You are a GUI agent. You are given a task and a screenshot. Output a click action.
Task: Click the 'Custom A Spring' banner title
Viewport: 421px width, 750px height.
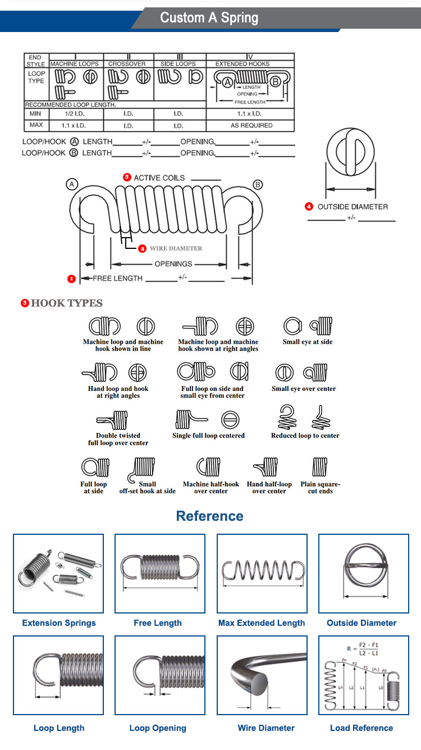coord(209,17)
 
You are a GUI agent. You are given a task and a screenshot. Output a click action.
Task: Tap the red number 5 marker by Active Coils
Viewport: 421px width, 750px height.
coord(127,177)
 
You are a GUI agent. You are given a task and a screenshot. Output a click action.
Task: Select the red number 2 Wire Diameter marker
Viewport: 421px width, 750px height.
coord(142,248)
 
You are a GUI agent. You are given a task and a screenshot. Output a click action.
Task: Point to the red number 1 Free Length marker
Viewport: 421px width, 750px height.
coord(71,279)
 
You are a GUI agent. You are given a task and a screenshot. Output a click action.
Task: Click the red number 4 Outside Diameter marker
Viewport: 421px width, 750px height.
coord(309,207)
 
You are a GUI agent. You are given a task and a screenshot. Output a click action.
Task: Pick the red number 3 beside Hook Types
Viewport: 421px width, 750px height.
coord(25,303)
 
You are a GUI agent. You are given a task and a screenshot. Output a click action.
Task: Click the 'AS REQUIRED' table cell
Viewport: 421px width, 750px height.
coord(251,125)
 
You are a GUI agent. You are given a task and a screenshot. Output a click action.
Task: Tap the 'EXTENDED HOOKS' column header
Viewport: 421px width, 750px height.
coord(242,64)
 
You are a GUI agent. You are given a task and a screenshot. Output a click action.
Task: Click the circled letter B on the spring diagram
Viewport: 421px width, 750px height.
coord(258,184)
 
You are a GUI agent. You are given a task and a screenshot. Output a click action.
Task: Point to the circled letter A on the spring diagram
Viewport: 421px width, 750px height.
coord(71,184)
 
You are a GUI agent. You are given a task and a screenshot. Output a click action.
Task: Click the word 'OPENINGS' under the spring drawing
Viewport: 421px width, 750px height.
coord(173,263)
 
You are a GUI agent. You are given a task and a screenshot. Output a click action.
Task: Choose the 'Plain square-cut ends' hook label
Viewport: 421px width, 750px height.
coord(320,488)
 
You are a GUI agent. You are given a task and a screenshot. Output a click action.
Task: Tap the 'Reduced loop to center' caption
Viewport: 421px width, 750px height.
coord(305,436)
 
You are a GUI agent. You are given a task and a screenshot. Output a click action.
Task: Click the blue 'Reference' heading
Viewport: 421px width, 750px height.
coord(210,516)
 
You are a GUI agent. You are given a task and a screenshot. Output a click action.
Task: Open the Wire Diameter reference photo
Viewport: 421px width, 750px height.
coord(262,675)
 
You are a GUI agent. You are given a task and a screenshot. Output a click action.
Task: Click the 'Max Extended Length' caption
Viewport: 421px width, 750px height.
coord(262,623)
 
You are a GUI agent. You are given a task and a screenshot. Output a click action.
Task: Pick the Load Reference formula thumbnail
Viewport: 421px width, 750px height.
coord(364,675)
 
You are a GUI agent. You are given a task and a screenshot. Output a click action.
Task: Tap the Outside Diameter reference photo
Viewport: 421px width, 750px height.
coord(364,573)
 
